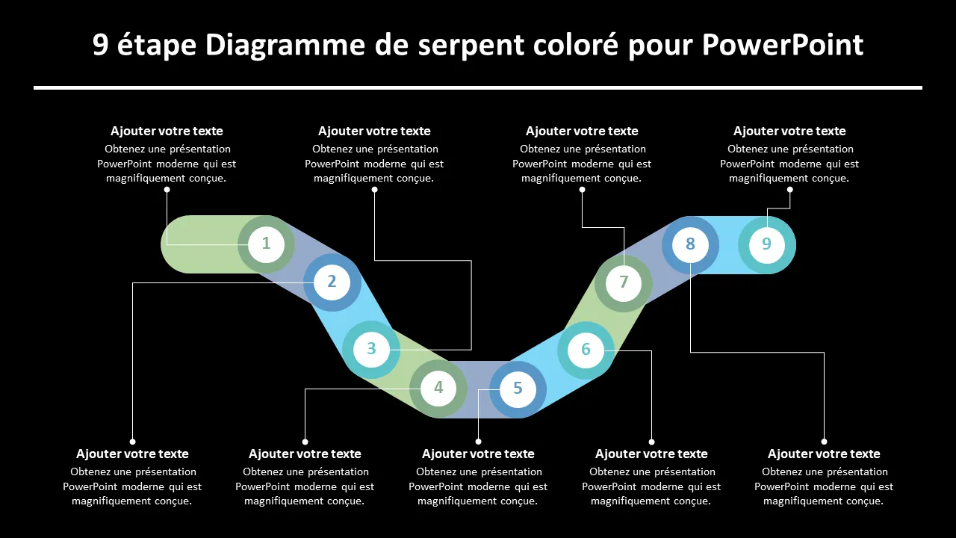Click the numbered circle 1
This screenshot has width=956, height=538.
click(x=266, y=244)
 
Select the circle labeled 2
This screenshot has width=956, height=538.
click(x=332, y=282)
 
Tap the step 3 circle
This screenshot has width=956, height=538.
click(x=371, y=349)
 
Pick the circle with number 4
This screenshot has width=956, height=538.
click(x=438, y=388)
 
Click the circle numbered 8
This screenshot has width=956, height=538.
click(x=691, y=245)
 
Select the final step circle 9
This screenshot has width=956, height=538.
click(x=767, y=245)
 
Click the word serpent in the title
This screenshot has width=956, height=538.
click(x=471, y=46)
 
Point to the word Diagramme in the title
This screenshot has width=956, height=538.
click(x=285, y=46)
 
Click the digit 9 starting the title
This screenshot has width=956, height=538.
click(x=100, y=45)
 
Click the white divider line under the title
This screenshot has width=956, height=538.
click(x=478, y=88)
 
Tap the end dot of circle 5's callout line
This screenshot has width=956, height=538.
click(x=479, y=442)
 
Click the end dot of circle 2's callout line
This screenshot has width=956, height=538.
click(x=133, y=442)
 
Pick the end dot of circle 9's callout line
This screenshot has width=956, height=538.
click(x=790, y=190)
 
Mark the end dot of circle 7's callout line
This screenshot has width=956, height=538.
click(x=582, y=190)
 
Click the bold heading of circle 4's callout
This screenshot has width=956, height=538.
click(x=305, y=454)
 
